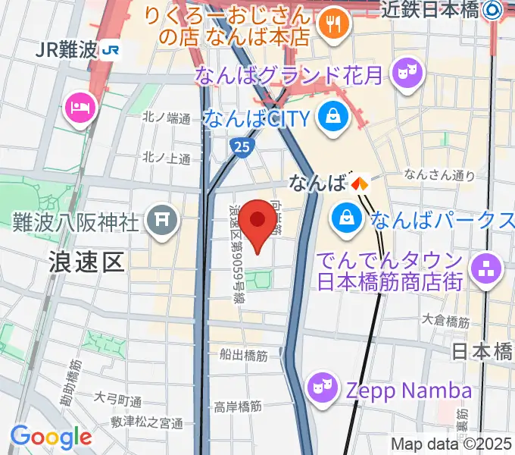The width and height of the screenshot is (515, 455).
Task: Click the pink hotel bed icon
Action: [80, 106]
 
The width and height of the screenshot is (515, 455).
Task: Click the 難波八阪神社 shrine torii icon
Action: [162, 221]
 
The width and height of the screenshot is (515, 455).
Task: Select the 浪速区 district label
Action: [86, 262]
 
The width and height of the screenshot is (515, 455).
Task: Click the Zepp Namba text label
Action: [409, 391]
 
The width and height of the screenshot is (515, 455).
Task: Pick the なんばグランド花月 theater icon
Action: [410, 73]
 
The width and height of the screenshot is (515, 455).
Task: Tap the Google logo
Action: [51, 436]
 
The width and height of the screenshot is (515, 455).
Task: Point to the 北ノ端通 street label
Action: [167, 118]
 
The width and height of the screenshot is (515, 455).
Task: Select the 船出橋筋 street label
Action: [243, 355]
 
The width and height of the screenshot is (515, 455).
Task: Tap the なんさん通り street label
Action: [439, 175]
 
